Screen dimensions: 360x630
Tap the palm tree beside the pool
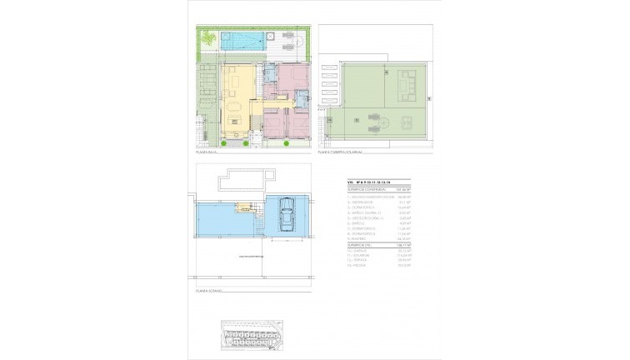pyautogui.click(x=208, y=37)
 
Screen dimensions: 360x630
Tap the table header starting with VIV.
pyautogui.click(x=367, y=182)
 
